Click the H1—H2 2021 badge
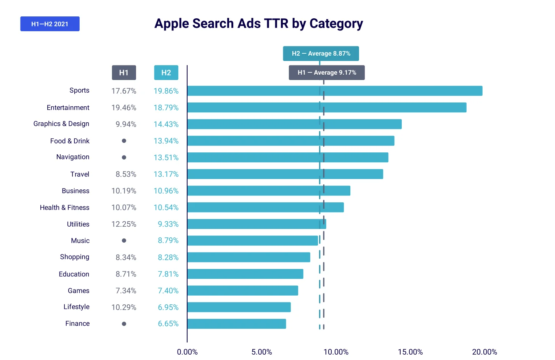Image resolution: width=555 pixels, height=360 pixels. (50, 24)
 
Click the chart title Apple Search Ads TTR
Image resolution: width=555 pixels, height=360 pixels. (258, 24)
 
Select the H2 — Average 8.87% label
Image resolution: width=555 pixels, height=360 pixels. (321, 54)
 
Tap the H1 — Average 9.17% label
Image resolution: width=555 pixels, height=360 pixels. (327, 73)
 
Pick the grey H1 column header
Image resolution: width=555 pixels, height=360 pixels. (124, 73)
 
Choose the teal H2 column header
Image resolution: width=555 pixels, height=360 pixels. (166, 73)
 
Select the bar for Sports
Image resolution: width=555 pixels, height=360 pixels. (335, 91)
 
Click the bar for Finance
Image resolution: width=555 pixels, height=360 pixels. (237, 324)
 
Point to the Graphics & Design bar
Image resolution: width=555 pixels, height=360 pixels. (294, 124)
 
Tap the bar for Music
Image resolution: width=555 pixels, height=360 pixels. (253, 241)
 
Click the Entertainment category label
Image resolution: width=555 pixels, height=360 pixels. (68, 108)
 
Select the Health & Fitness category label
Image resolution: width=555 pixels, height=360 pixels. (64, 208)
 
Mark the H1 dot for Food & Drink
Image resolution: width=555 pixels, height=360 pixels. (124, 141)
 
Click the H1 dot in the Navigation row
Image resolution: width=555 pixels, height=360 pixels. (124, 157)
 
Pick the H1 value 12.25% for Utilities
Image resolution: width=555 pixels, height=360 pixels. (124, 224)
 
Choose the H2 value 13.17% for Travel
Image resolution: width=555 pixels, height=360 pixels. (166, 174)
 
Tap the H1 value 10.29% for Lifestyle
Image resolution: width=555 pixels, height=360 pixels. (124, 307)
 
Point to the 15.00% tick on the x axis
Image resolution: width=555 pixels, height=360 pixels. (410, 352)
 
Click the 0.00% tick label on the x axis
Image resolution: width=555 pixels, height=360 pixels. (187, 352)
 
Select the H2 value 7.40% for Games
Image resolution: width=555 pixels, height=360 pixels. (168, 291)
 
